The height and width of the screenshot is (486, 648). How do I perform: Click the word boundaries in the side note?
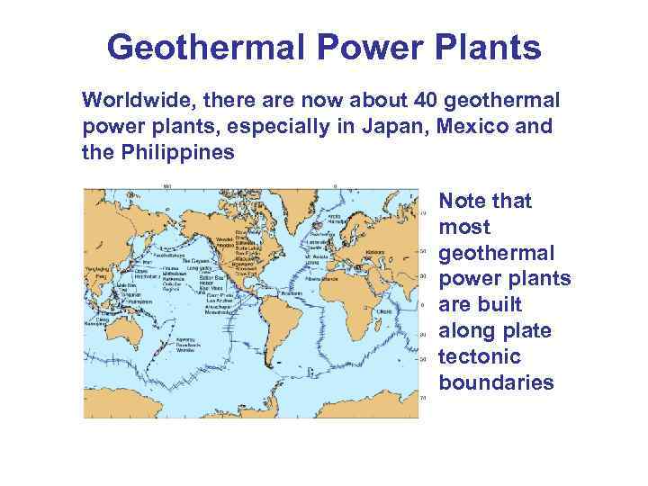point(497,383)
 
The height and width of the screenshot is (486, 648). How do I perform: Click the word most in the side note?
point(461,227)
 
